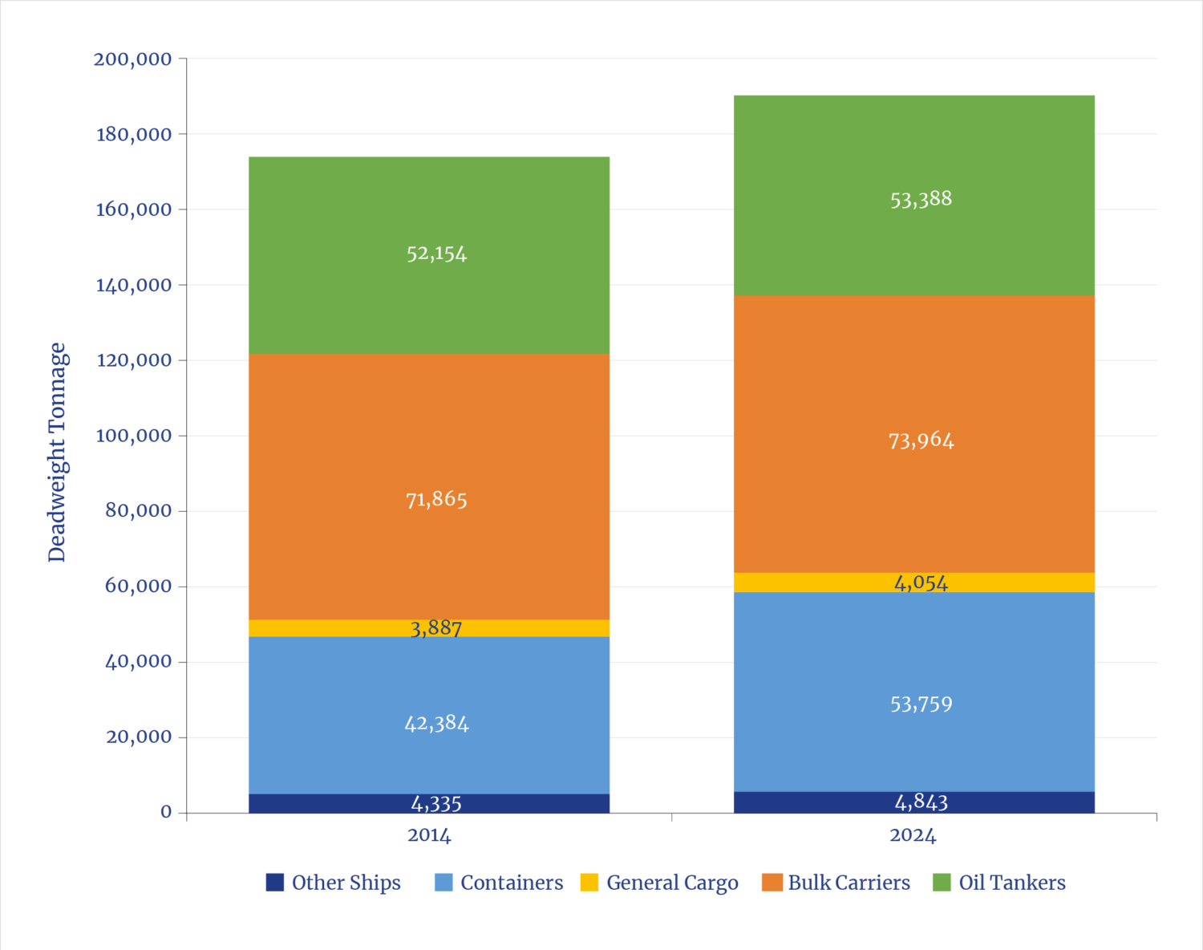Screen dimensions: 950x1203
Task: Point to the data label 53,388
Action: (921, 199)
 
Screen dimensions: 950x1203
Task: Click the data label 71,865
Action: (436, 499)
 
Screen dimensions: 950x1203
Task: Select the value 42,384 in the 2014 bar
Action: (436, 724)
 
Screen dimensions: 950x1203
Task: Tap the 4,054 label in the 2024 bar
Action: (921, 583)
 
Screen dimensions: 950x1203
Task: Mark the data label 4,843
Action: (921, 802)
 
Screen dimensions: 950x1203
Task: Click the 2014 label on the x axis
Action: (429, 835)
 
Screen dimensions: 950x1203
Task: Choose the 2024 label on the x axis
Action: (913, 835)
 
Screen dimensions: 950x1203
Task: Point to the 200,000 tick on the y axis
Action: (132, 59)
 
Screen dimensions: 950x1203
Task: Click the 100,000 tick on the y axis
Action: (134, 436)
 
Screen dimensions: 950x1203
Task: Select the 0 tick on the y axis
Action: (166, 812)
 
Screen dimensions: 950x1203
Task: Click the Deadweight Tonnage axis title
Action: (58, 452)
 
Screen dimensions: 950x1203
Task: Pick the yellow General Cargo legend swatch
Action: (589, 882)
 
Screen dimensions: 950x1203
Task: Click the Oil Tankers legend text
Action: (1012, 883)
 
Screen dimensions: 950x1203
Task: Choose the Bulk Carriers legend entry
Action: (849, 883)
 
